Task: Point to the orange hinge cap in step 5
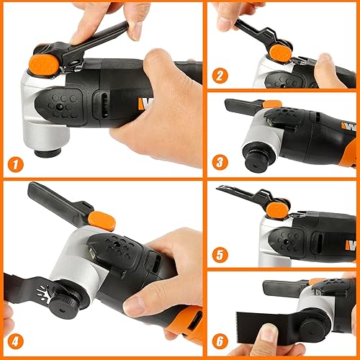276,209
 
